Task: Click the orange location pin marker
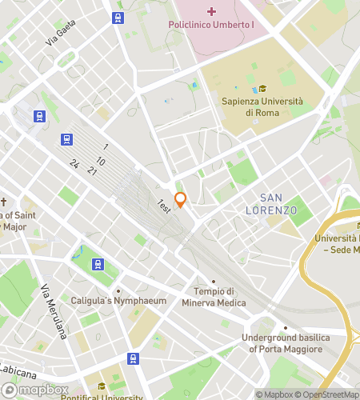pos(180,199)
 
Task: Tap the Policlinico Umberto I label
pos(211,25)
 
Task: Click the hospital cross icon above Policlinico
pos(211,10)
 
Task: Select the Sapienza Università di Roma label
pos(262,106)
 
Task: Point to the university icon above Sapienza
pos(262,89)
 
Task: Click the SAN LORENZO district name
pos(278,204)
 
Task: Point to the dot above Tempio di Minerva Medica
pos(214,281)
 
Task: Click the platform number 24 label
pos(74,164)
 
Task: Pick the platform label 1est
pos(164,206)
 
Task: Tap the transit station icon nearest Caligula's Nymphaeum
pos(98,264)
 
